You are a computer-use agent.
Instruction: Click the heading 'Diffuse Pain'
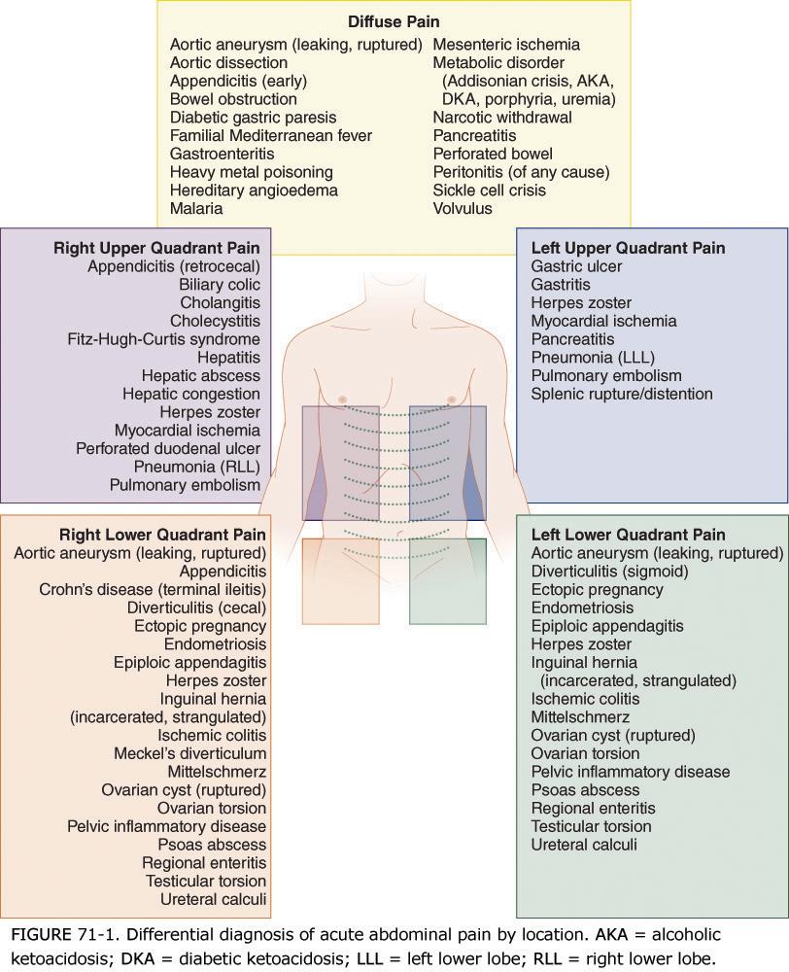394,20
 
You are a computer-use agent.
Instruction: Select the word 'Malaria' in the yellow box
196,208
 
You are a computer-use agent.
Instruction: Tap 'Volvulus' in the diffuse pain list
463,208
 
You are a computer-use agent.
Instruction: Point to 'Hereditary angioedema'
254,191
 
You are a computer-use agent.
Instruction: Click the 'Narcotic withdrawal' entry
502,117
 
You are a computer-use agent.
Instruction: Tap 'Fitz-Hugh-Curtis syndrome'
164,339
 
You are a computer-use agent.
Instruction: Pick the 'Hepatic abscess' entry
201,375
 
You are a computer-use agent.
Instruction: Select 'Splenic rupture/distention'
622,394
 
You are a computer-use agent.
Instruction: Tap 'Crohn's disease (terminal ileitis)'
153,589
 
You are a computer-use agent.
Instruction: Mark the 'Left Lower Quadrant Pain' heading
629,535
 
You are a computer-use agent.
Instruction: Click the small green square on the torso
447,582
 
